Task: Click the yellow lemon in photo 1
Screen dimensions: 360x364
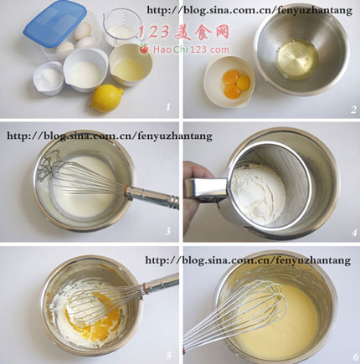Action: click(107, 98)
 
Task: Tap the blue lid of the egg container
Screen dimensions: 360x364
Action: click(55, 23)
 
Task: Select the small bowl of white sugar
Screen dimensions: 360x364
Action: click(49, 79)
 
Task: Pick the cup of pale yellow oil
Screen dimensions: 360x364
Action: click(131, 64)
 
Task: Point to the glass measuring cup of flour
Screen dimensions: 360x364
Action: click(121, 28)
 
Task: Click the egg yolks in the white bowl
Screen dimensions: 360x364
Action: click(236, 84)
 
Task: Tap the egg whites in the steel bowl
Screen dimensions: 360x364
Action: click(296, 59)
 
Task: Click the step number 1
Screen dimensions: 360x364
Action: click(167, 107)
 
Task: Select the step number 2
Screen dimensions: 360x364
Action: click(353, 109)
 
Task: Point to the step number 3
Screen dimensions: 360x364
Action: click(167, 231)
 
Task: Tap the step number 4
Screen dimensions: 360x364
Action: click(354, 233)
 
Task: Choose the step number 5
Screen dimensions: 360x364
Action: click(168, 355)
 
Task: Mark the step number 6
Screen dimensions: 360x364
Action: click(355, 357)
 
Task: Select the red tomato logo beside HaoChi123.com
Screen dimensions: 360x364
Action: click(144, 49)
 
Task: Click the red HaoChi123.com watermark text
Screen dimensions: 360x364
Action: click(191, 49)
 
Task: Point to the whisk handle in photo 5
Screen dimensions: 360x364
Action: click(161, 284)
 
